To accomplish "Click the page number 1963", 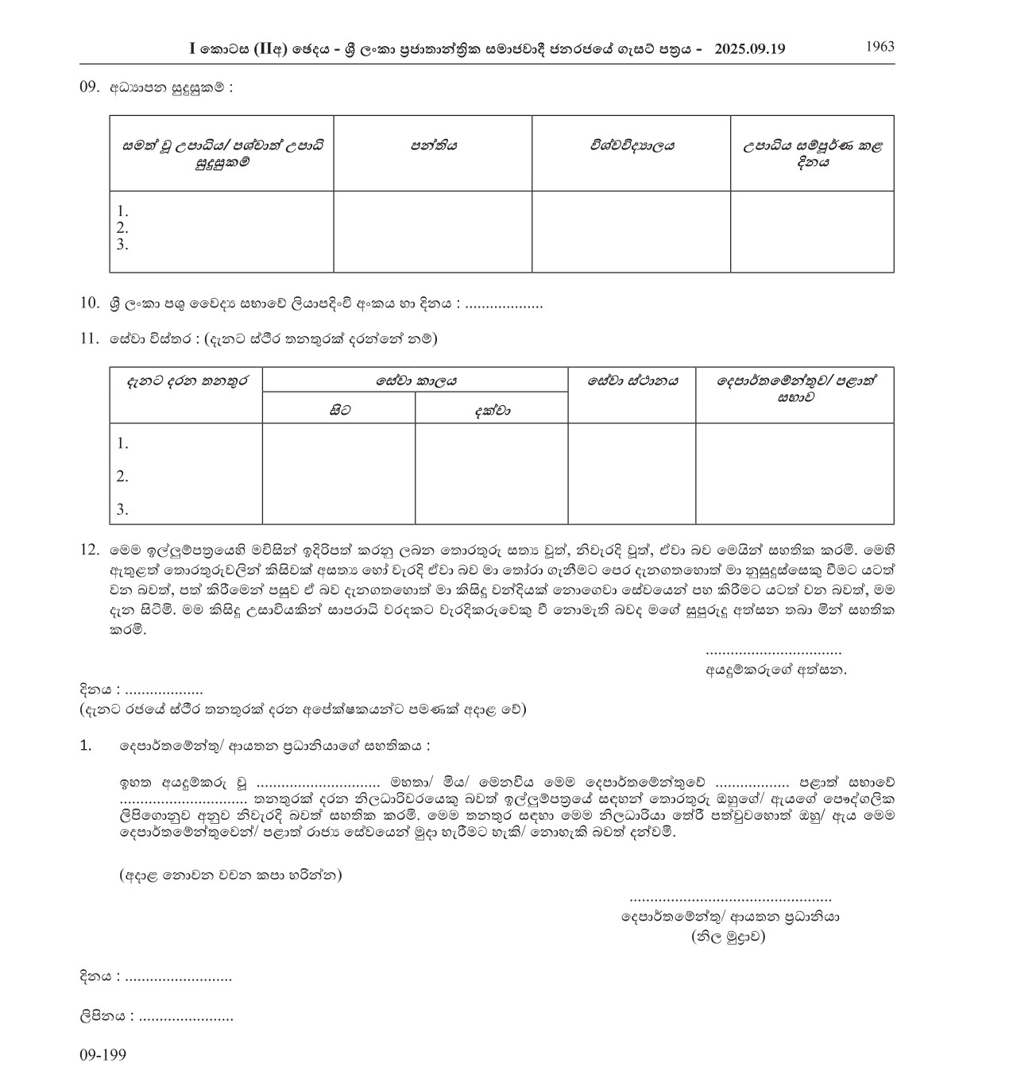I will click(880, 46).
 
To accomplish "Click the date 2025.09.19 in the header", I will click(749, 48).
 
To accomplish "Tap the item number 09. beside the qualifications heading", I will click(89, 87).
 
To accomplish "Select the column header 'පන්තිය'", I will click(433, 146).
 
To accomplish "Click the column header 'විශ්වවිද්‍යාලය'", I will click(632, 146).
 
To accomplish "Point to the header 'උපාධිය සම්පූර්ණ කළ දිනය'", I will click(812, 154).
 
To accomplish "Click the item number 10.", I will click(89, 303).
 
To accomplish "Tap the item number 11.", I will click(89, 338).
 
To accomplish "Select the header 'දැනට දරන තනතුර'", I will click(186, 381).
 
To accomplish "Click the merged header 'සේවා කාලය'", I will click(416, 381).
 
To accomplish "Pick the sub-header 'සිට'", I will click(339, 410).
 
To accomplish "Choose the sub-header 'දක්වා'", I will click(492, 410).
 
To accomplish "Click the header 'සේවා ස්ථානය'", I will click(632, 381).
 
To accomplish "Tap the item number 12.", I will click(89, 549).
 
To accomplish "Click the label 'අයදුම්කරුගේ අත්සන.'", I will click(776, 670).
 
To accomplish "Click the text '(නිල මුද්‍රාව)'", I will click(729, 937).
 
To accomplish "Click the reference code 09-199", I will click(102, 1055).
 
